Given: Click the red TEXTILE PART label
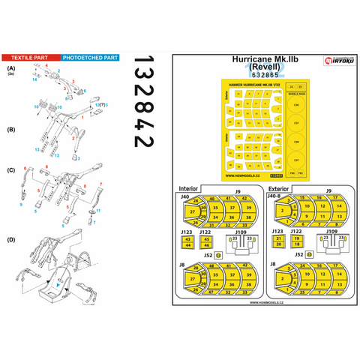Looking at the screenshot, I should click(30, 57).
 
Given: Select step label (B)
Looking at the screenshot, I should click(10, 130).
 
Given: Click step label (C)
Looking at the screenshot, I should click(10, 170).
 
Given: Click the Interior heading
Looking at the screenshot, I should click(187, 189).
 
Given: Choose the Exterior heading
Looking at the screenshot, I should click(277, 189).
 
